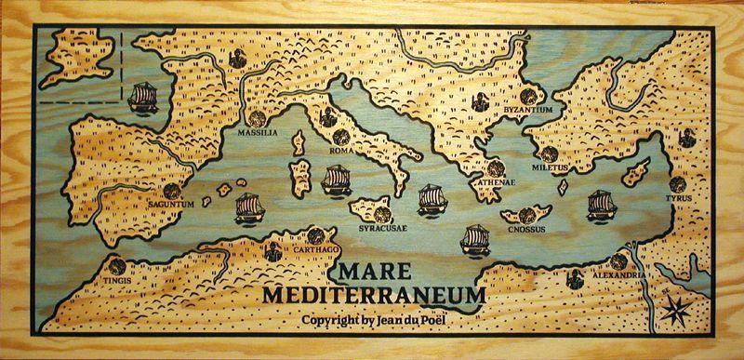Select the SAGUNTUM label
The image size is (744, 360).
tap(169, 205)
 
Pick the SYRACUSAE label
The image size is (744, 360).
tap(381, 226)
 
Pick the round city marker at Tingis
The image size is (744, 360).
tap(115, 265)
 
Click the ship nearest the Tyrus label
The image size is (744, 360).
tap(601, 205)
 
